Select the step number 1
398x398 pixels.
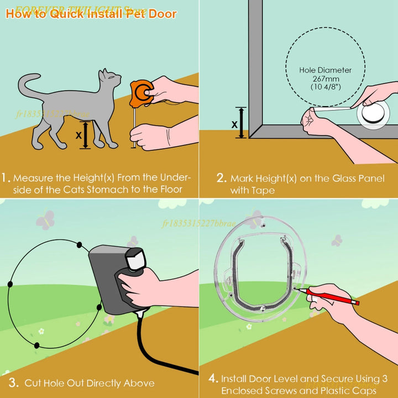tap(6, 178)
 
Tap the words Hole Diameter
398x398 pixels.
tap(325, 70)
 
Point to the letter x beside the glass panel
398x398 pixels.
tap(234, 124)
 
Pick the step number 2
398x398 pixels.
tap(221, 178)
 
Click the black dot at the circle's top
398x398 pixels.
tap(79, 244)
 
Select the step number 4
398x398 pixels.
tap(213, 379)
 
